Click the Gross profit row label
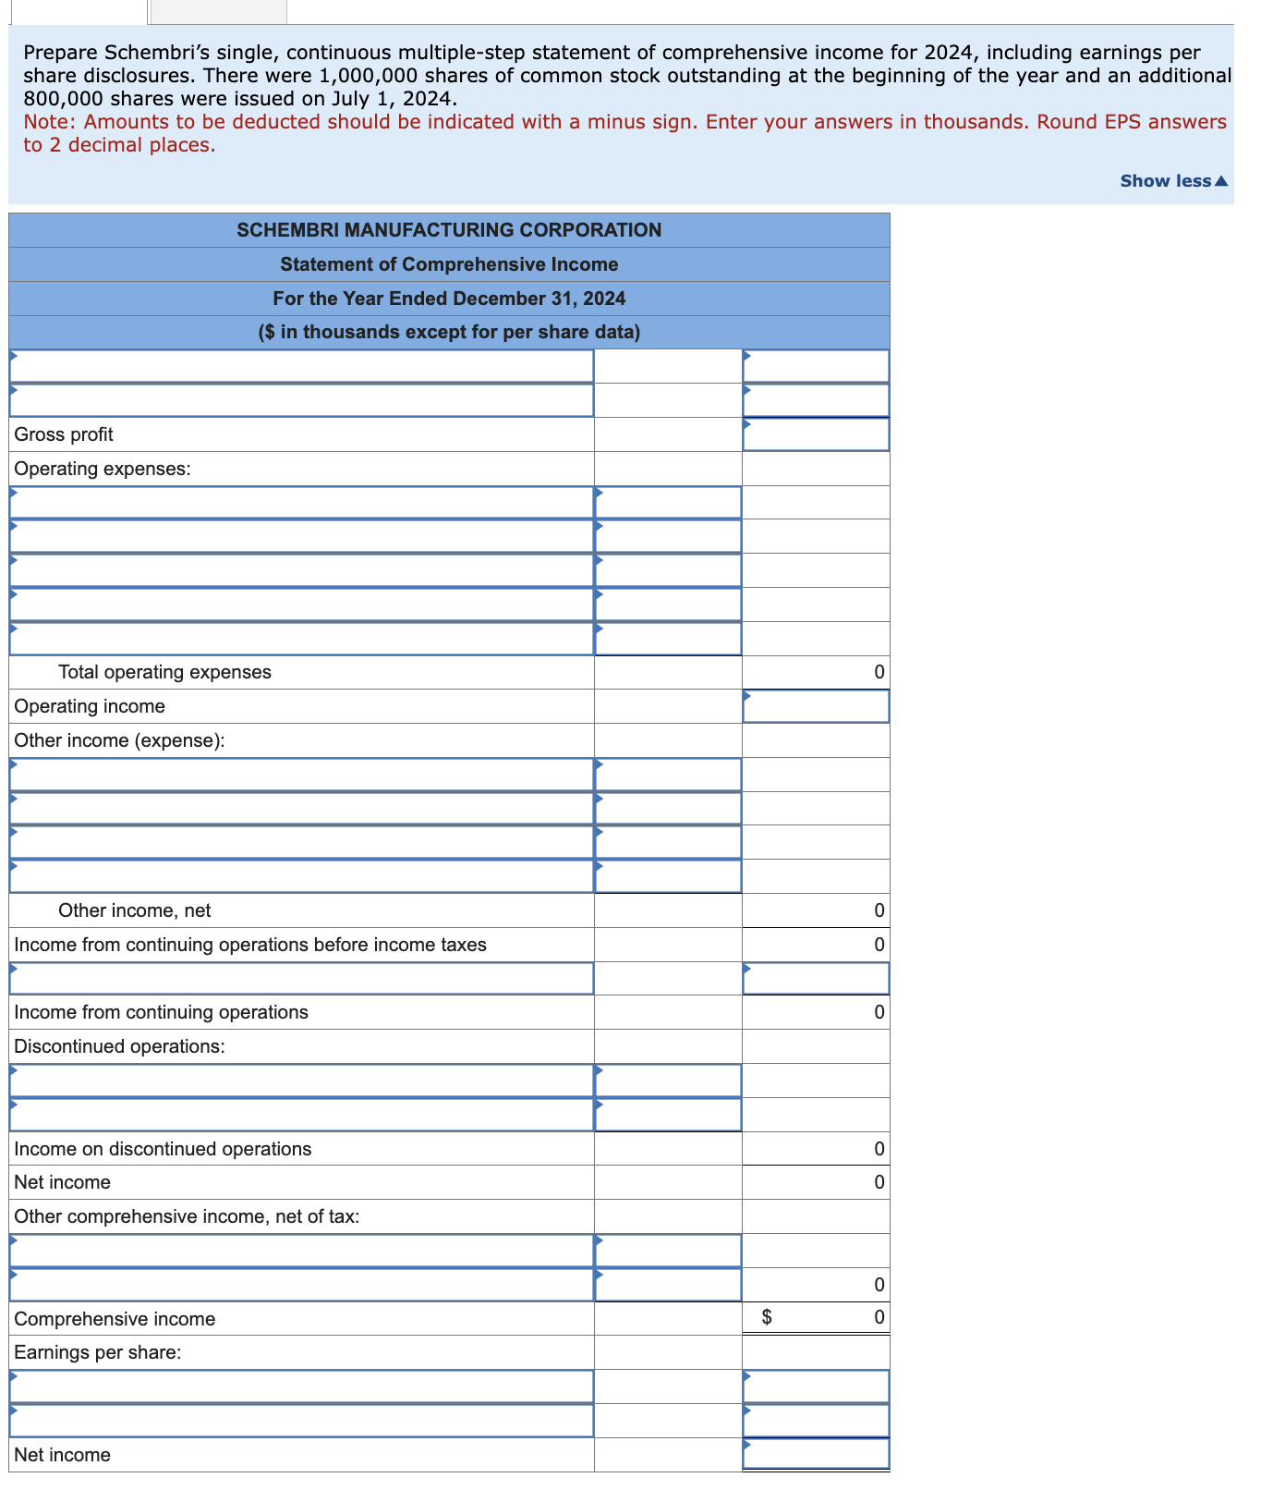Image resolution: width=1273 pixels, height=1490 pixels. point(64,434)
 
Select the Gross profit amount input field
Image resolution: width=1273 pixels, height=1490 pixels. point(816,435)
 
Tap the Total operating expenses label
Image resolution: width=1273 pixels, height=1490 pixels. point(164,672)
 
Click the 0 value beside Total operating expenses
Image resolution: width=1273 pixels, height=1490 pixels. point(879,672)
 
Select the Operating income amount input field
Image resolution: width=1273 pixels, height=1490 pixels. point(816,707)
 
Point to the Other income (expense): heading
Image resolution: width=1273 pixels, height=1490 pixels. point(119,740)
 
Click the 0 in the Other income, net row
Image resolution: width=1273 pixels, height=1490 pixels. point(879,910)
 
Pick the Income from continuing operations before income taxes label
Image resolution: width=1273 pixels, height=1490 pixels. point(249,945)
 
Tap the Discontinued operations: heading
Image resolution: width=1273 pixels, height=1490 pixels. point(119,1046)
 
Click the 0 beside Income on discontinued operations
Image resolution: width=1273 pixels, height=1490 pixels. point(879,1149)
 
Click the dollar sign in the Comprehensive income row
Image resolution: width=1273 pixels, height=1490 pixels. point(766,1318)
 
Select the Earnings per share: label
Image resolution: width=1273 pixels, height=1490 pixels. point(97,1352)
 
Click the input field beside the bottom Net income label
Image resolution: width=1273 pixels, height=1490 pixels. point(816,1455)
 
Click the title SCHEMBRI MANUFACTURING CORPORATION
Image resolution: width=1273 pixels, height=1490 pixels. point(449,230)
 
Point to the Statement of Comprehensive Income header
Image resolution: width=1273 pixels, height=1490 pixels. point(449,264)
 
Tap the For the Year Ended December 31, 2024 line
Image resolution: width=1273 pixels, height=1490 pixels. point(449,299)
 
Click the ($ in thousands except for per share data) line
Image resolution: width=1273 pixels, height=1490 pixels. point(449,332)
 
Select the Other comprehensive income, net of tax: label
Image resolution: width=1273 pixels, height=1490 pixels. point(187,1216)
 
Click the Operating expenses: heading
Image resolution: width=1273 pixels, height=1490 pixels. point(103,469)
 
